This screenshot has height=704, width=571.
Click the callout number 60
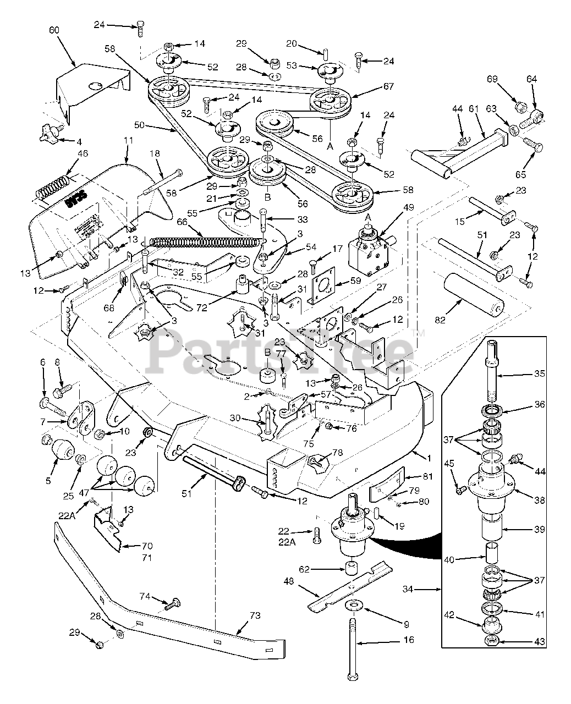[x=54, y=31]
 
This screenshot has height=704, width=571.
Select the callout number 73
[x=255, y=616]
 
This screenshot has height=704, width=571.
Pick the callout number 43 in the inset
[x=539, y=641]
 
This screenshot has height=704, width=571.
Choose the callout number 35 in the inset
[x=539, y=373]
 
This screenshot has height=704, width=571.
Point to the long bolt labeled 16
[x=352, y=643]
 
